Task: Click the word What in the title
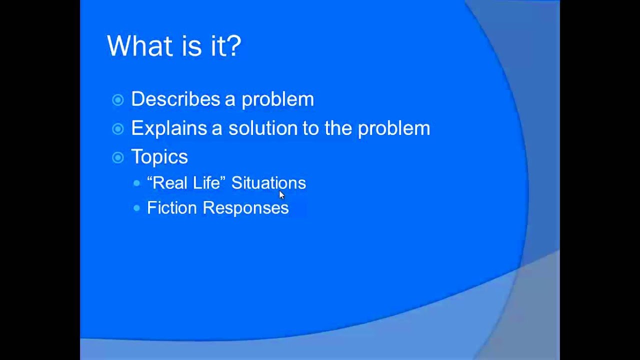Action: point(137,45)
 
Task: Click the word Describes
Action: point(175,99)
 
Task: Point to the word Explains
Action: point(169,128)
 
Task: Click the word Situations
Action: point(268,183)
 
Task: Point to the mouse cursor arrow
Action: point(281,194)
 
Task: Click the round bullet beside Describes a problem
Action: point(118,100)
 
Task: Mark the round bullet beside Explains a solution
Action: point(118,129)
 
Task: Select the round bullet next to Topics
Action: point(118,158)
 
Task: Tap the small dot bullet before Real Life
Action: point(137,183)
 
